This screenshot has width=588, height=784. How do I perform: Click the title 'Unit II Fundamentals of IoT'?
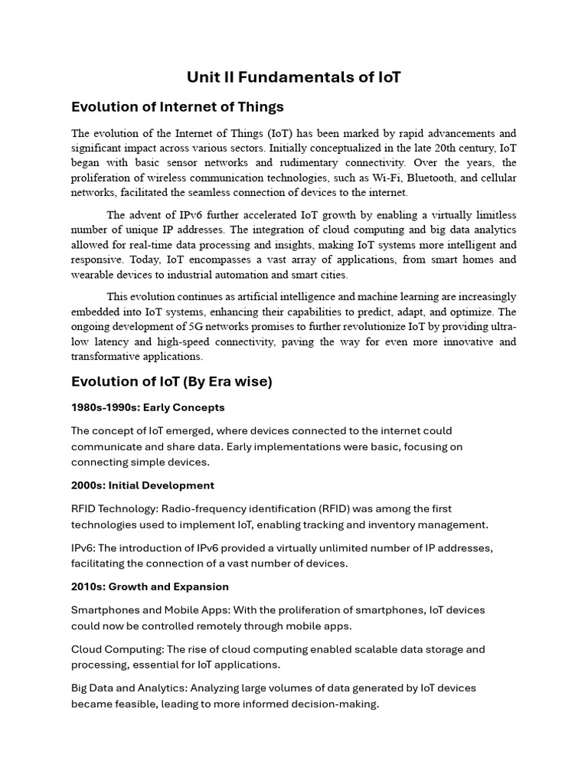pos(294,77)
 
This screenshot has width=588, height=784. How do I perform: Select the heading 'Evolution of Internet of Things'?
pos(177,106)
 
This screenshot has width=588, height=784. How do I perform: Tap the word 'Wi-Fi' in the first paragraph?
pos(405,178)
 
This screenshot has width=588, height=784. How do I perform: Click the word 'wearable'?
pos(93,275)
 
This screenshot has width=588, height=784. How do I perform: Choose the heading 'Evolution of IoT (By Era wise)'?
pos(171,381)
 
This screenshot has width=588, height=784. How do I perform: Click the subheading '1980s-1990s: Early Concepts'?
pos(148,407)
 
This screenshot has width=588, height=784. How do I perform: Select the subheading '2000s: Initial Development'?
pos(142,485)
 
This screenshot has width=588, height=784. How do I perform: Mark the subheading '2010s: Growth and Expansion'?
pos(149,586)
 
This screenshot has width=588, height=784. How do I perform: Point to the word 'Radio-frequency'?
pos(211,509)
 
